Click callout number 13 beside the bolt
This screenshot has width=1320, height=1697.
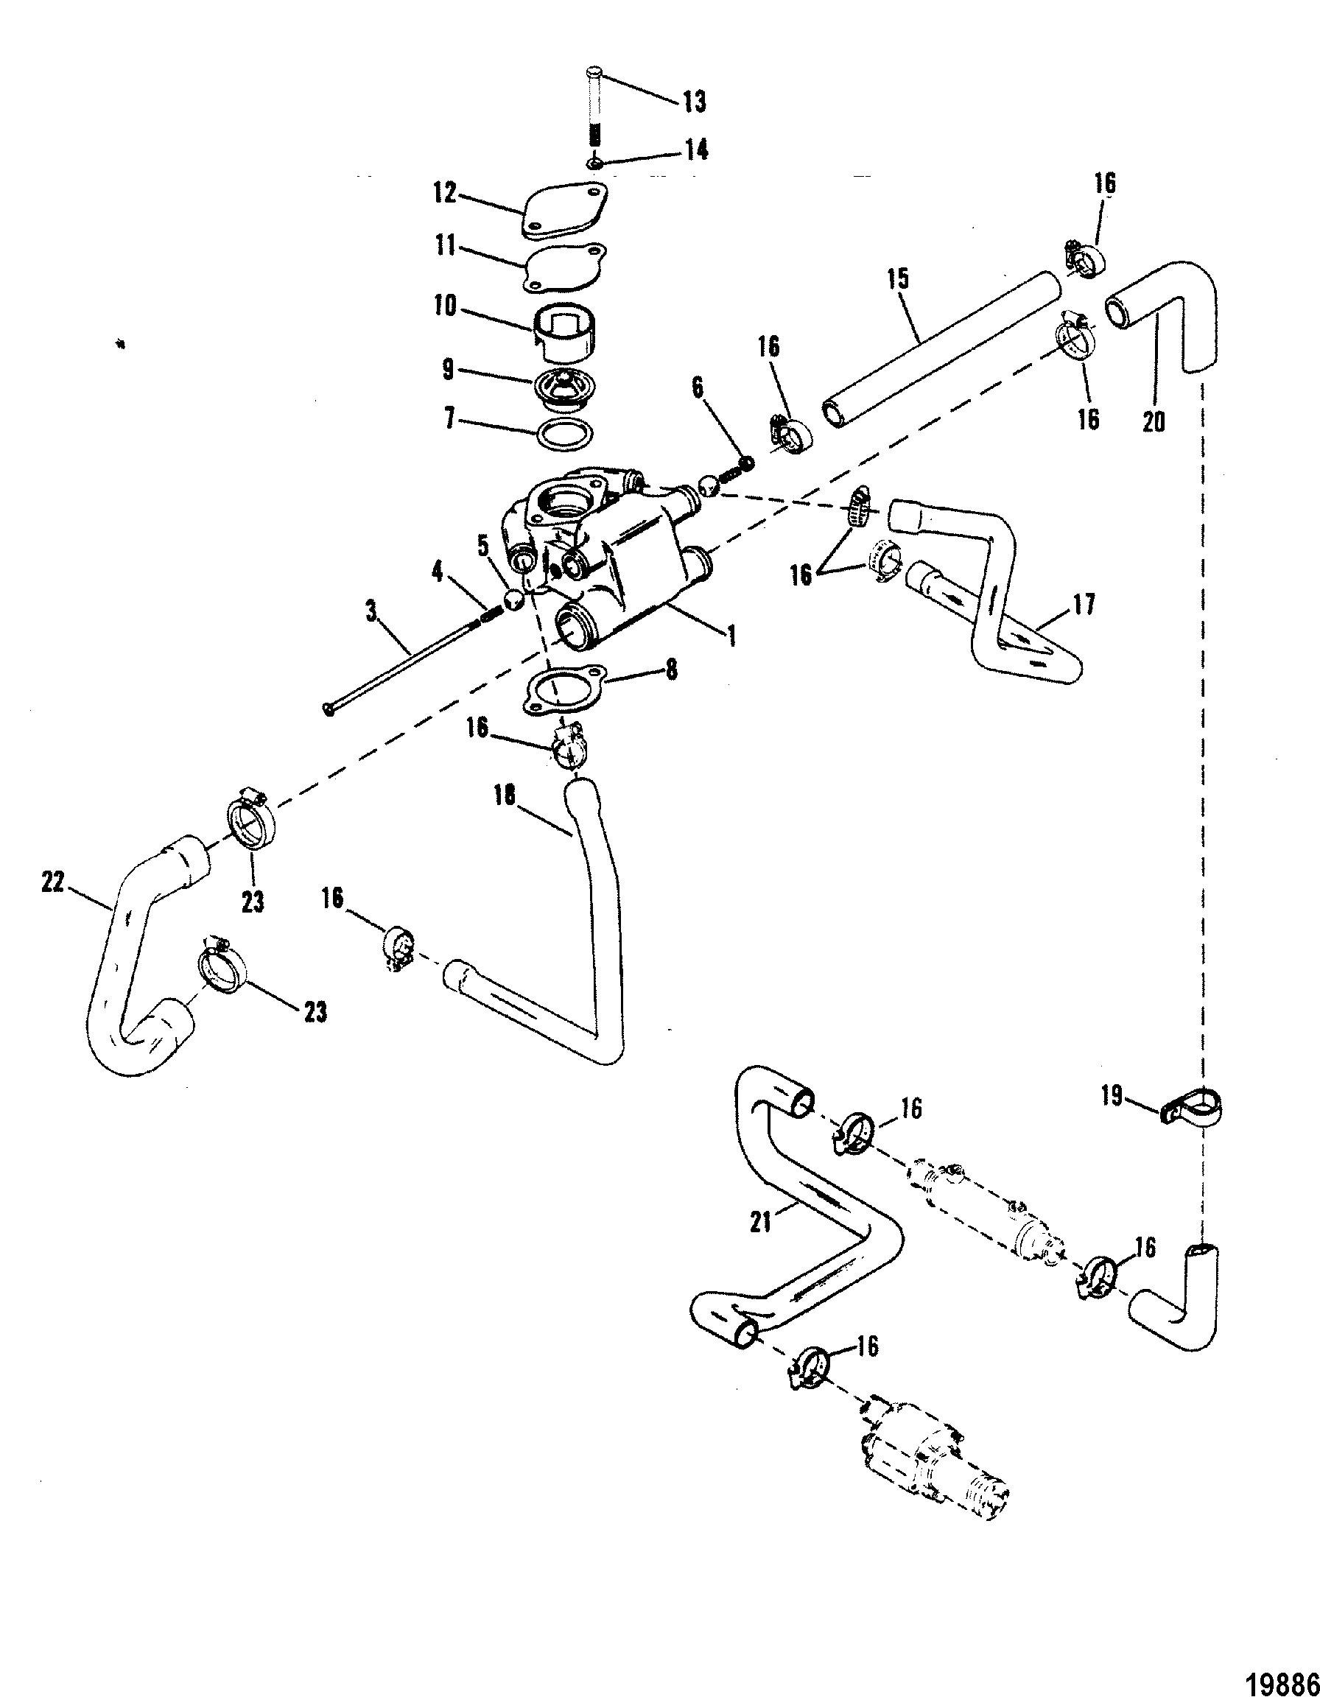694,101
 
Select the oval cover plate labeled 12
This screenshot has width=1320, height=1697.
564,211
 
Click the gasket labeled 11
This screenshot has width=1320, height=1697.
564,269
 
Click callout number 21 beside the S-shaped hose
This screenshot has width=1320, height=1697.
762,1221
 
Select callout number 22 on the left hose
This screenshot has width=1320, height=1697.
54,882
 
